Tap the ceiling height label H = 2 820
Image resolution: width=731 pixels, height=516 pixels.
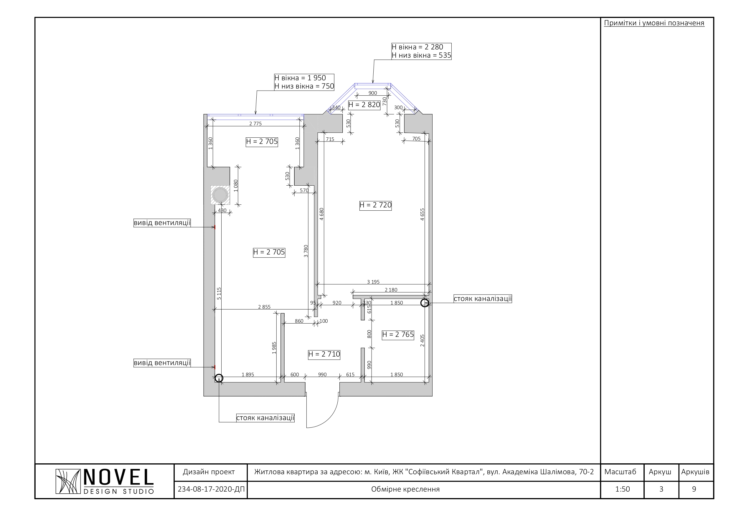(364, 105)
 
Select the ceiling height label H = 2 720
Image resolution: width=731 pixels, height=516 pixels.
(375, 205)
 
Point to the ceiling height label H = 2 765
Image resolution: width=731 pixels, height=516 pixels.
(398, 334)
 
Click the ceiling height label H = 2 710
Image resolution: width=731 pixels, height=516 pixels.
(324, 354)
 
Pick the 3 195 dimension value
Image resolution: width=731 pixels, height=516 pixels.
(373, 282)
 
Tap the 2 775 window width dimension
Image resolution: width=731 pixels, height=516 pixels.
(255, 123)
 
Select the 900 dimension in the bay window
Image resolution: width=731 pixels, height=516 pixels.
(372, 93)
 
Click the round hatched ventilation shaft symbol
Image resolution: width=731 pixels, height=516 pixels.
(220, 194)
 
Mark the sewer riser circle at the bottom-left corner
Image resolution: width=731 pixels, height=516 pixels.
(219, 378)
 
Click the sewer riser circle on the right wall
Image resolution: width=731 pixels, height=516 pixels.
(424, 303)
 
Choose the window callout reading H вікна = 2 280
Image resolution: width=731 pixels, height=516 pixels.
(421, 51)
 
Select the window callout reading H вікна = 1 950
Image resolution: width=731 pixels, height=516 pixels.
(304, 82)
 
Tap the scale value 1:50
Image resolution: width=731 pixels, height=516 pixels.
(623, 489)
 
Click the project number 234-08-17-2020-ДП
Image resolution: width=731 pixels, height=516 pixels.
(211, 489)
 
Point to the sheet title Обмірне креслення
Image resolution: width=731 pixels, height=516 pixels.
(405, 489)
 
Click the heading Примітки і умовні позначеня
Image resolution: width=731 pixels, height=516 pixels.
(654, 23)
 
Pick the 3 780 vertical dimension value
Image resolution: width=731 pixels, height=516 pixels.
(306, 251)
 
